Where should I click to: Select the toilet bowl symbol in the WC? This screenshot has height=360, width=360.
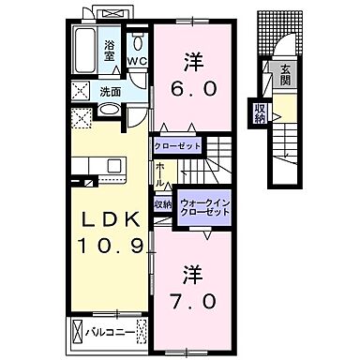coord(137,42)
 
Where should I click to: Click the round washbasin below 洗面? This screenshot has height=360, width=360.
coord(108,112)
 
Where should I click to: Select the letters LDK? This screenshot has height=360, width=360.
coord(107,219)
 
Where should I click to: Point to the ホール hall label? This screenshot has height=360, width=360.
coord(161,173)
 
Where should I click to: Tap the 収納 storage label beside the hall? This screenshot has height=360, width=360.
coord(163,204)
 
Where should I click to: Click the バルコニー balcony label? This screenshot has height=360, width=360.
coord(103,332)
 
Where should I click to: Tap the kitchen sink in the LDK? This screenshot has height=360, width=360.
coord(114,166)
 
